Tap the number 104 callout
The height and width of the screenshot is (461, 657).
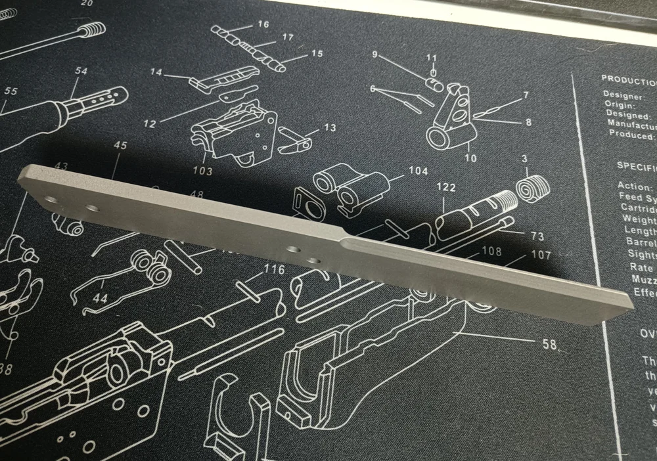[x=418, y=171]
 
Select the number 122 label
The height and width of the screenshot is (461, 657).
[x=445, y=188]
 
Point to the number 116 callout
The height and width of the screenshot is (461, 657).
[x=274, y=270]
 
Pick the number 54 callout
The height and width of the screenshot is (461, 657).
[x=80, y=71]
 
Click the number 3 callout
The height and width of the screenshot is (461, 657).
[x=525, y=160]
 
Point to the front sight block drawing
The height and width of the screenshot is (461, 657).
[x=453, y=116]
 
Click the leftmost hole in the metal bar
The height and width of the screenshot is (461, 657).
[x=51, y=198]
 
